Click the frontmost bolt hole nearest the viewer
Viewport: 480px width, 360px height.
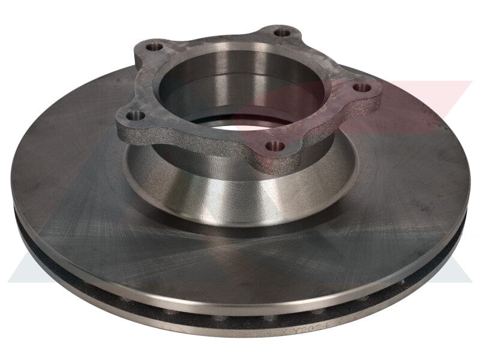point(275,146)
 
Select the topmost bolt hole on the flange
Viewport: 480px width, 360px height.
point(282,33)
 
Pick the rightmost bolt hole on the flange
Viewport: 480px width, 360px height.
point(362,88)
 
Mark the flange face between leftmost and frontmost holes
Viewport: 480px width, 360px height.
point(198,138)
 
